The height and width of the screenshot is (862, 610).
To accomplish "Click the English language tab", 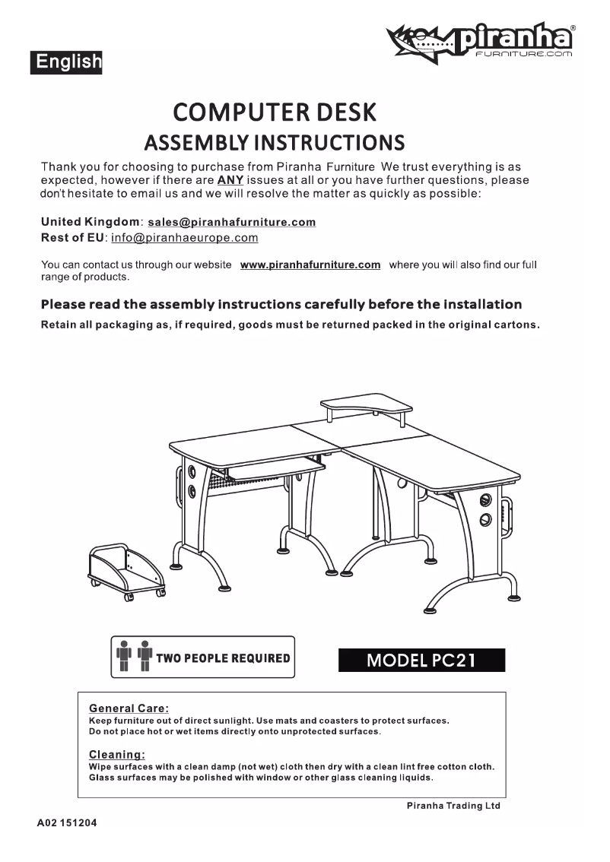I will pyautogui.click(x=67, y=62).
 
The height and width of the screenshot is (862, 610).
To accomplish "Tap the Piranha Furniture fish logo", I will pyautogui.click(x=421, y=43).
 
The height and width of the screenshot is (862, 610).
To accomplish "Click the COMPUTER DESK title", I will pyautogui.click(x=275, y=113).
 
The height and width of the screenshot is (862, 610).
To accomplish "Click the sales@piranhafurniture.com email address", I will pyautogui.click(x=231, y=222).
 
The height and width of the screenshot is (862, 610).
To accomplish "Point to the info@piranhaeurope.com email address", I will pyautogui.click(x=185, y=238).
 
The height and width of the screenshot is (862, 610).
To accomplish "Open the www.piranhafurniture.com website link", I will pyautogui.click(x=310, y=265).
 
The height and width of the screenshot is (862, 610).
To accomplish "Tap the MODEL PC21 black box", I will pyautogui.click(x=421, y=659).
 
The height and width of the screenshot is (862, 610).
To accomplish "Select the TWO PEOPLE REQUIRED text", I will pyautogui.click(x=223, y=658).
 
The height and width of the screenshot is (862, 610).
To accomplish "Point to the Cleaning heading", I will pyautogui.click(x=116, y=754).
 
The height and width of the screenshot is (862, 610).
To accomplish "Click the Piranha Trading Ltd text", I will pyautogui.click(x=453, y=806).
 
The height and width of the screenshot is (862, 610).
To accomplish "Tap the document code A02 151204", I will pyautogui.click(x=67, y=824).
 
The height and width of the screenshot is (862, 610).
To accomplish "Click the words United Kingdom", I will pyautogui.click(x=90, y=222).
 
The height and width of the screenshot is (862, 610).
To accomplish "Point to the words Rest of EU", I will pyautogui.click(x=71, y=238).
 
